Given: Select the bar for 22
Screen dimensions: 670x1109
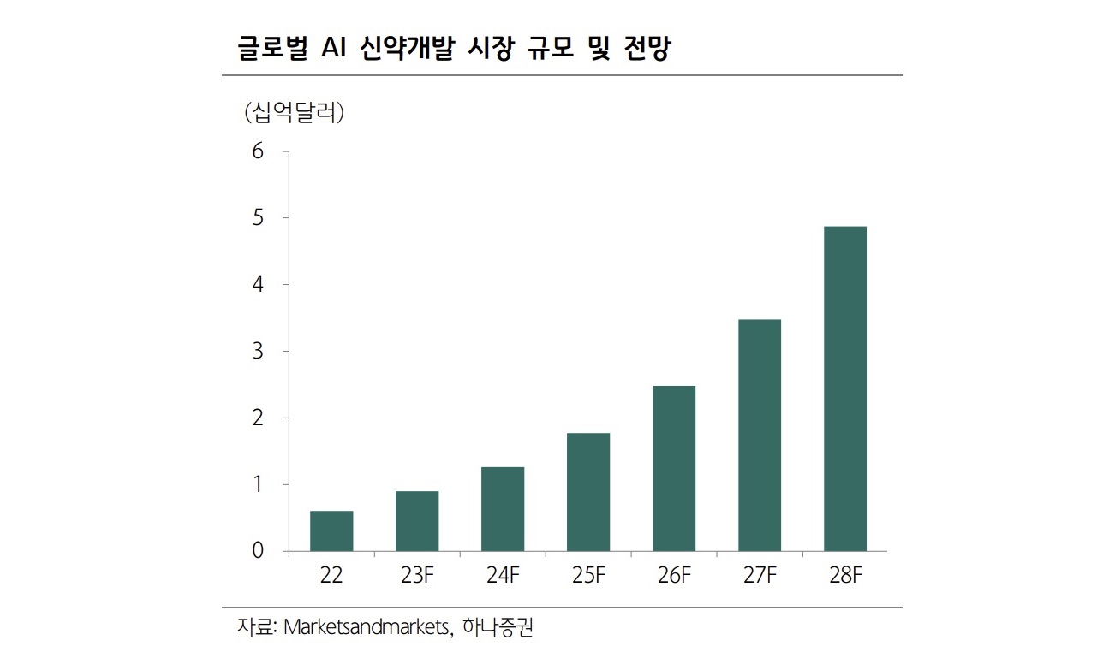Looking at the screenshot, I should pyautogui.click(x=331, y=531).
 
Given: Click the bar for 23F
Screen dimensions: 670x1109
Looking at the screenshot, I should pyautogui.click(x=417, y=521).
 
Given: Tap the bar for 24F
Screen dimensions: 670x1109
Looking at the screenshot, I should pyautogui.click(x=503, y=509).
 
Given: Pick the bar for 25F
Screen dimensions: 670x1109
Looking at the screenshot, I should pyautogui.click(x=588, y=492).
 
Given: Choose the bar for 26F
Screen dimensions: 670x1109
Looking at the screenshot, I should pyautogui.click(x=674, y=469).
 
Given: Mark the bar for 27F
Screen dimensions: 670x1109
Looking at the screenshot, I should pyautogui.click(x=760, y=436).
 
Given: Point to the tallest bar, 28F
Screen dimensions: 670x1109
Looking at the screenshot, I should pyautogui.click(x=845, y=388).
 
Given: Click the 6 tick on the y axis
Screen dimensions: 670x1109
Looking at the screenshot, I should pyautogui.click(x=259, y=152).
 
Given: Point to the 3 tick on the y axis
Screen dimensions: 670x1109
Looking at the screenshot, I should pyautogui.click(x=259, y=352).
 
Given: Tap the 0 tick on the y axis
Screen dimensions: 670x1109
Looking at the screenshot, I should pyautogui.click(x=259, y=551).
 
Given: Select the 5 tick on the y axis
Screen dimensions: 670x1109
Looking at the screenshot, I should pyautogui.click(x=259, y=218).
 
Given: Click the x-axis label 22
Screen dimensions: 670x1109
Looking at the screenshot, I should pyautogui.click(x=331, y=576).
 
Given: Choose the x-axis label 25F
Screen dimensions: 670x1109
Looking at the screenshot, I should pyautogui.click(x=588, y=576).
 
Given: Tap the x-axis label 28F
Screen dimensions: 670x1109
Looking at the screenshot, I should pyautogui.click(x=845, y=576).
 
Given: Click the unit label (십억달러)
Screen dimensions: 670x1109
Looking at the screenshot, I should pyautogui.click(x=294, y=112).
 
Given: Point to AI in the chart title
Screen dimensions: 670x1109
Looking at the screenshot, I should pyautogui.click(x=333, y=50).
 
